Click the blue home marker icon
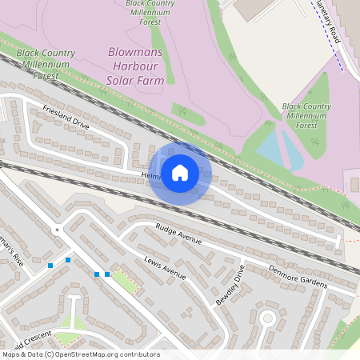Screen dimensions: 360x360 pos(180,174)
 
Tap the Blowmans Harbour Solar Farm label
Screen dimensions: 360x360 pos(136,66)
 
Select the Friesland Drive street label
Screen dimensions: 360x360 pos(66,118)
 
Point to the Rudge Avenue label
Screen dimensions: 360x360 pos(179,234)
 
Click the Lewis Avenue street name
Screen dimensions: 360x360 pos(165,268)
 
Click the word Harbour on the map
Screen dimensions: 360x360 pos(136,66)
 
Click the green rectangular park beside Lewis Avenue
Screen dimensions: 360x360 pos(123,281)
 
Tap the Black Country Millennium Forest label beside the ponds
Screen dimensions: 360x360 pos(306,115)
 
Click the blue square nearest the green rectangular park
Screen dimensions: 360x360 pos(107,274)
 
